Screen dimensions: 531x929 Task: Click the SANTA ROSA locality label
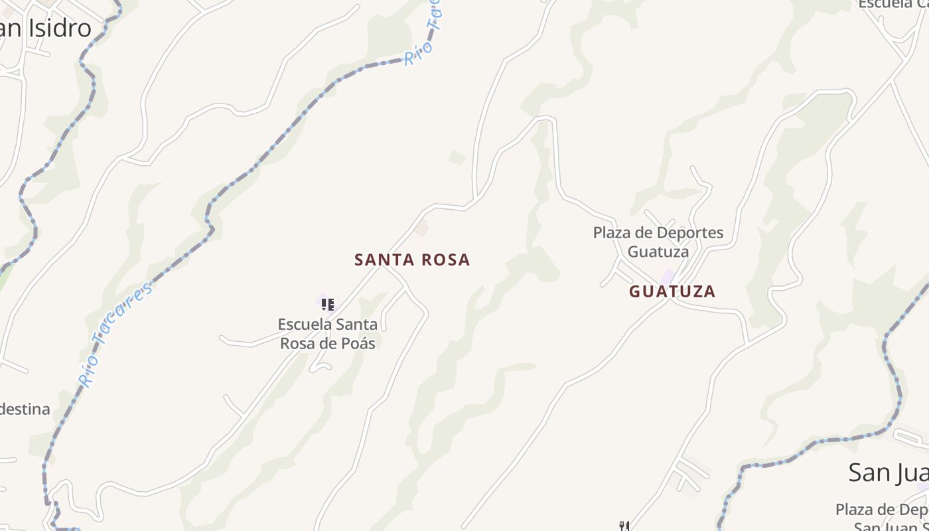[412, 260]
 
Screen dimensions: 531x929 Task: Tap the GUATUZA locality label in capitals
[672, 291]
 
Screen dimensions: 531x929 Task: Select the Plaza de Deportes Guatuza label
[658, 242]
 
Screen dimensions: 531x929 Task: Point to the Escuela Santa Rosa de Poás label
[328, 334]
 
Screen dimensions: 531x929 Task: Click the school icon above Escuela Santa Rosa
[327, 305]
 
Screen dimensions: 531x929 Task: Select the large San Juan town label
[889, 473]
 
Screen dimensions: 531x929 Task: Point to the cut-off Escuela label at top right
[893, 4]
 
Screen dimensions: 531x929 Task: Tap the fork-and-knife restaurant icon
[624, 526]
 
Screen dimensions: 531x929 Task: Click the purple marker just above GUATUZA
[668, 275]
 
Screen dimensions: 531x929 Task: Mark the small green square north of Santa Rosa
[457, 158]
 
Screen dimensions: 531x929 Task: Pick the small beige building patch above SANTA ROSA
[421, 230]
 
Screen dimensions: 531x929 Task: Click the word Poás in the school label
[358, 344]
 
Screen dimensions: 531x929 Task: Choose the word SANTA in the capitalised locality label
[381, 260]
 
